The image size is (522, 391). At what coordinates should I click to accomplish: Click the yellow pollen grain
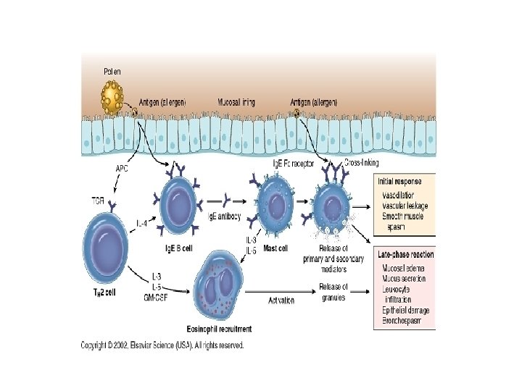pos(114,94)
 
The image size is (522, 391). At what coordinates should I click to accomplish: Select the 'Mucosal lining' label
pos(238,102)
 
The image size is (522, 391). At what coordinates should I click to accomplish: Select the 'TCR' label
pos(99,199)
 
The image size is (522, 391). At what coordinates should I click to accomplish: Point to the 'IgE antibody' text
pos(224,216)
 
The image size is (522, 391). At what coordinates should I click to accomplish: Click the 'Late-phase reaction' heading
pos(406,254)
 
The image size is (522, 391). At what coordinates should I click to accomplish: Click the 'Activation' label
pos(281,299)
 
